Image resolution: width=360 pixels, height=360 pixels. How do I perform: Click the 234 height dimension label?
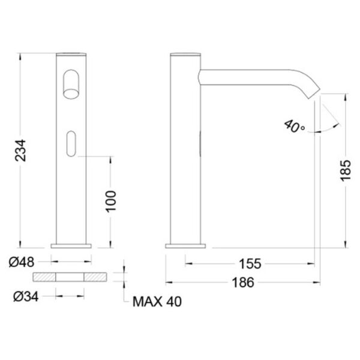coord(20,151)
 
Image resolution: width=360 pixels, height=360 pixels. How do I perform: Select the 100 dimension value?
coord(111,202)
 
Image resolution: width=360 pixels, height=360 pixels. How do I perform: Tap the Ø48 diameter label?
coord(22,262)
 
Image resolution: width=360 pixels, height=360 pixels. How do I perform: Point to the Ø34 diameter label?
coord(26,296)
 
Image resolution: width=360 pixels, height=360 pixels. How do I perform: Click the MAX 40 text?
coord(157,302)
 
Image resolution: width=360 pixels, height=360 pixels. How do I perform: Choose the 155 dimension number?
coord(250,264)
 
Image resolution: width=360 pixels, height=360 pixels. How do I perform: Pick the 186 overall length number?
coord(244,283)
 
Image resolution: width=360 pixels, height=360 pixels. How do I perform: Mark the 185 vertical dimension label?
coord(346,170)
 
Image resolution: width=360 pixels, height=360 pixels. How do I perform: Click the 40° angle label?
coord(295,126)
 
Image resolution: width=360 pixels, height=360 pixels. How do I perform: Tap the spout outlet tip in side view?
coord(314,94)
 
